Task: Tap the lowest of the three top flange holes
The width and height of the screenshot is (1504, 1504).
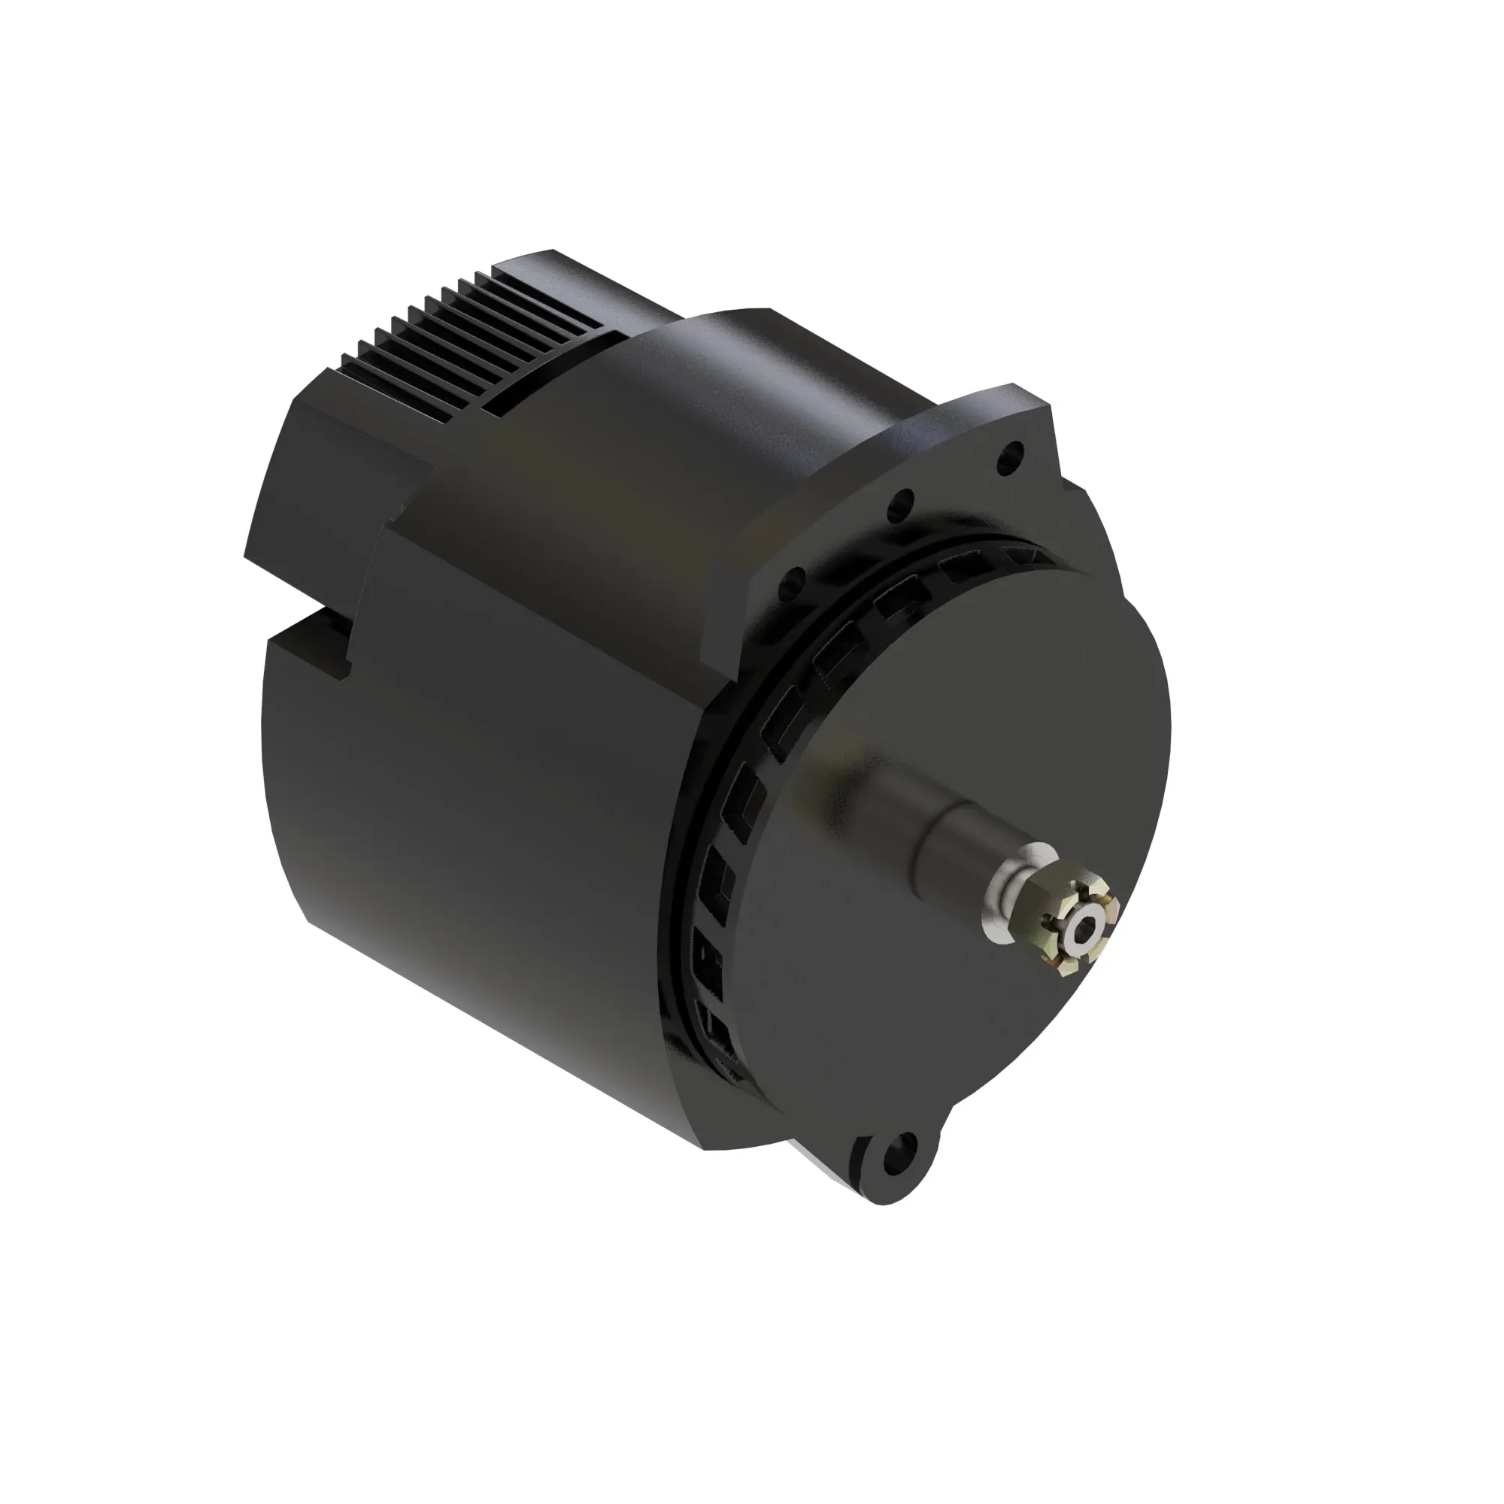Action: [794, 578]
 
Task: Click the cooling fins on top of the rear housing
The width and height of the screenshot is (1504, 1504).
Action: [475, 327]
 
